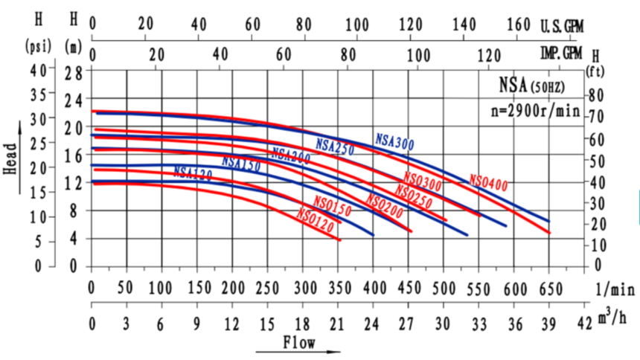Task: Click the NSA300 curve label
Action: coord(394,141)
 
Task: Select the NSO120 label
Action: coord(314,219)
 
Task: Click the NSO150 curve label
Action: coord(332,203)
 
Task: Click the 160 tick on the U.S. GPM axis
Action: coord(518,24)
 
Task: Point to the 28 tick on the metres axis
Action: coord(72,72)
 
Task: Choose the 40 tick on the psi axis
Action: coord(37,70)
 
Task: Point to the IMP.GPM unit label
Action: coord(561,54)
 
